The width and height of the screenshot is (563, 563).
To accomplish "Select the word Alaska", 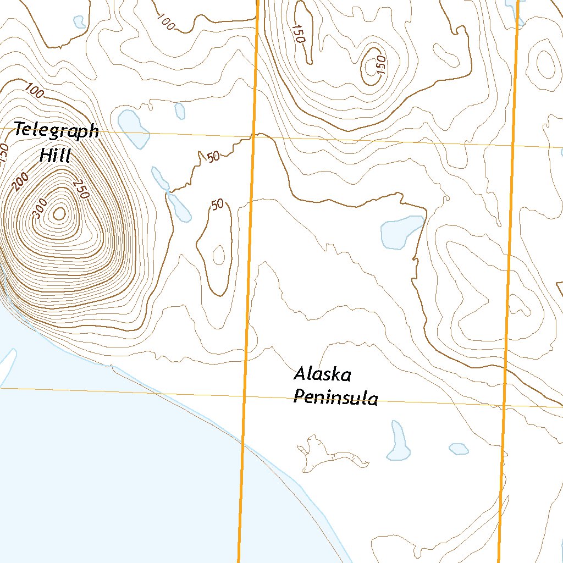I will [x=322, y=375].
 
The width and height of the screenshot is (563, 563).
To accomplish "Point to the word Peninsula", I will [x=335, y=397].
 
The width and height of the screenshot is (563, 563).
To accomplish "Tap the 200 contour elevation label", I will [x=21, y=181].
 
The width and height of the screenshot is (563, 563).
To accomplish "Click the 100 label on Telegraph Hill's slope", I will [x=35, y=92].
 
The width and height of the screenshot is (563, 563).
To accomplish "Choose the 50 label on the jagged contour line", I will [x=213, y=157].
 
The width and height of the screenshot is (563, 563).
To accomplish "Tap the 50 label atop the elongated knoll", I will [x=218, y=205].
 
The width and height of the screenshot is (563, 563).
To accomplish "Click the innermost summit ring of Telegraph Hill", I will [x=59, y=213].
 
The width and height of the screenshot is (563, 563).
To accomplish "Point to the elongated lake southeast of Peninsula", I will [x=399, y=441].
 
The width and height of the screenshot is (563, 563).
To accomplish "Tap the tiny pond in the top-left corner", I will [x=79, y=21].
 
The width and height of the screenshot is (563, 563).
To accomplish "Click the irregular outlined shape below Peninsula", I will [x=330, y=454].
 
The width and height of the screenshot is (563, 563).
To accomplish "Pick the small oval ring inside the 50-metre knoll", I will [x=218, y=255].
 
